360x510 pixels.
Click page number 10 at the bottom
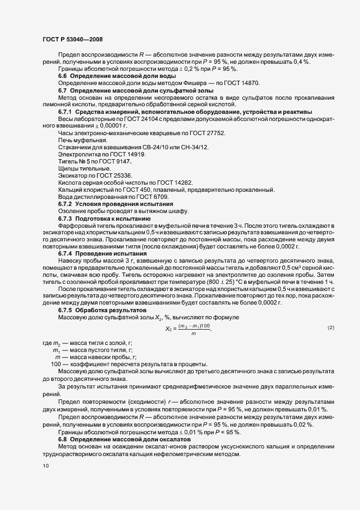point(45,466)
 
